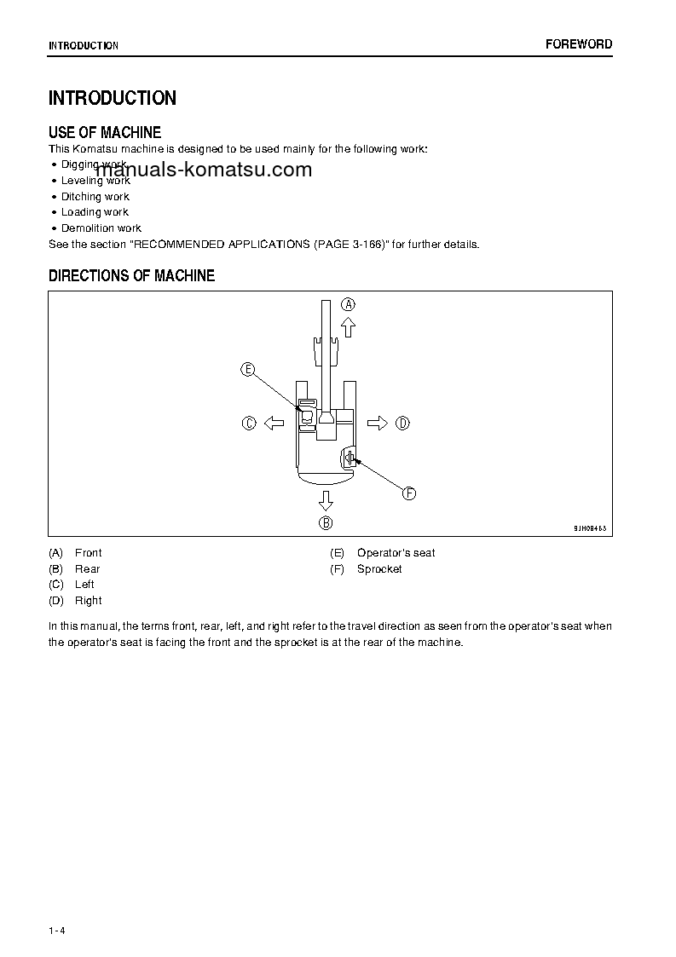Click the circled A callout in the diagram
(349, 303)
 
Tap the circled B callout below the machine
(326, 522)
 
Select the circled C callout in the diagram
(249, 423)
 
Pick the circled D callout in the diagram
(402, 423)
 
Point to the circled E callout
(247, 369)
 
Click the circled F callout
(408, 493)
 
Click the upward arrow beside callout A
(348, 326)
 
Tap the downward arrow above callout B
(326, 499)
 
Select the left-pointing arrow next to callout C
(273, 423)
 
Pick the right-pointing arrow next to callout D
(378, 423)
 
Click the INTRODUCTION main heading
(113, 98)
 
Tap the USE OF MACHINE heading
(105, 132)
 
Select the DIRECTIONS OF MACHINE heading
(131, 275)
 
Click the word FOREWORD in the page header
(579, 44)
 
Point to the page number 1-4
(57, 930)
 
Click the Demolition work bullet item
(101, 228)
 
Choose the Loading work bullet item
(95, 212)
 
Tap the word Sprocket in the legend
(379, 568)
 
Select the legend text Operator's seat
(396, 553)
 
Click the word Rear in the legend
(87, 568)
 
